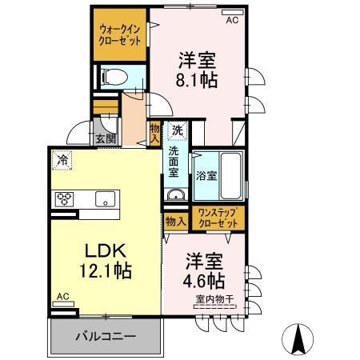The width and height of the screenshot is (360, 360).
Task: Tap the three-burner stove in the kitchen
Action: [64, 199]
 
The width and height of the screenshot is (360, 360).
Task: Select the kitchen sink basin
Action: [106, 199]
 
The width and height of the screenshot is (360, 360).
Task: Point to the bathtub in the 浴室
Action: [231, 175]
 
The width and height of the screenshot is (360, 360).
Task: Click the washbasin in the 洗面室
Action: [176, 194]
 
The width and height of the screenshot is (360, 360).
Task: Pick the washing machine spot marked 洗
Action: [177, 130]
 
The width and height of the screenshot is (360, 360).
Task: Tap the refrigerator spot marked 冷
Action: [62, 160]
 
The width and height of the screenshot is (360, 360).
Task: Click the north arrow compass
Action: [298, 339]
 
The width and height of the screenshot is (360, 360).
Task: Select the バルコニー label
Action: [106, 336]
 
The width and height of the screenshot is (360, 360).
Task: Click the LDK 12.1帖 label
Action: [106, 261]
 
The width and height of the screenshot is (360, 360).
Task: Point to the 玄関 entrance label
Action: [106, 139]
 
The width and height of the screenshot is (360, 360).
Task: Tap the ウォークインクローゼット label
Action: [120, 34]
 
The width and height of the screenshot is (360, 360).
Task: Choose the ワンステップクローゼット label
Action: [218, 218]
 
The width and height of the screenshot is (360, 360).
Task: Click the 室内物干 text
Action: [214, 299]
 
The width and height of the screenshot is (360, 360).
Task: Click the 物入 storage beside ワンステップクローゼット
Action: [176, 222]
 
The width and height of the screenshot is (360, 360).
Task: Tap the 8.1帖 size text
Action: [197, 80]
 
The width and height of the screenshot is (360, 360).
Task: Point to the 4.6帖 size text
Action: [204, 280]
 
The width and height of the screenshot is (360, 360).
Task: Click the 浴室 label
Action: [206, 176]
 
